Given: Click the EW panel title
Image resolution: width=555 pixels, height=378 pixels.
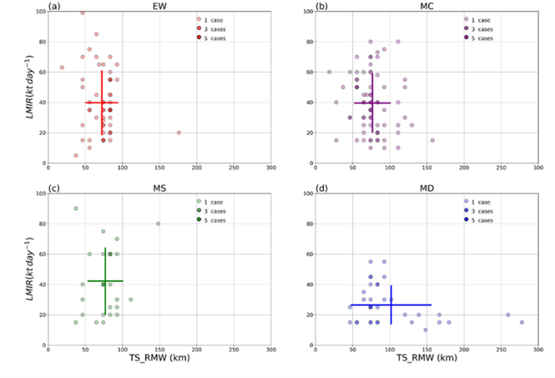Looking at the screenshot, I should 159,7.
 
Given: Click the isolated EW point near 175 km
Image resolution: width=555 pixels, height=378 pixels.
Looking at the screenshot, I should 179,133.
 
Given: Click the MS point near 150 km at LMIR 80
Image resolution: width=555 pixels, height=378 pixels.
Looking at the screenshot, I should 158,224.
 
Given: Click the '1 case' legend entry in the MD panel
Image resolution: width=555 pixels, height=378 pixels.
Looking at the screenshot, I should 480,201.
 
